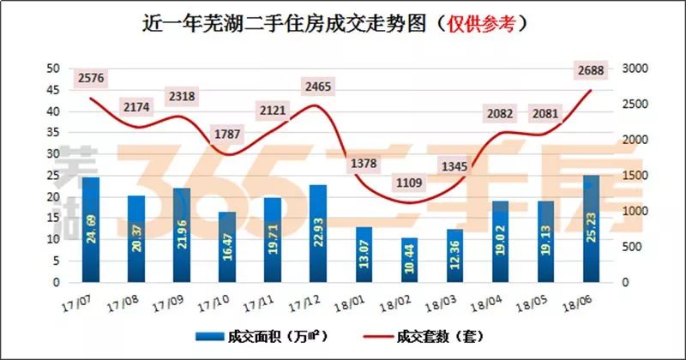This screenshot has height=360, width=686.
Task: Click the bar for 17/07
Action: pos(91,230)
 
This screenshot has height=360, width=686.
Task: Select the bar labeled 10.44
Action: pos(409,260)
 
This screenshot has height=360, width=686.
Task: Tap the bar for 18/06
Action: pos(592,229)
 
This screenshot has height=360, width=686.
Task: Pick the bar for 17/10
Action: pos(227,247)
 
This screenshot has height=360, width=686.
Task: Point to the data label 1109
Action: pos(409,183)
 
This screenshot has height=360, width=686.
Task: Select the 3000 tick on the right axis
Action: pos(634,69)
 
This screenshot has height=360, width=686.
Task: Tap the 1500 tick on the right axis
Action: pos(634,176)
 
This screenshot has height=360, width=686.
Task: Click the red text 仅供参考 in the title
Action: pos(483,24)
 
